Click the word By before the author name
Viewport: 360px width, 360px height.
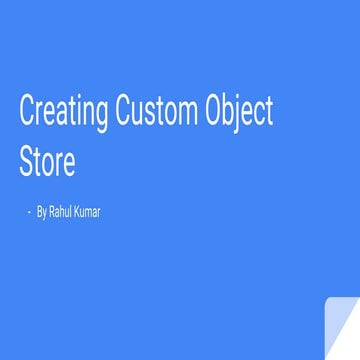[x=41, y=212]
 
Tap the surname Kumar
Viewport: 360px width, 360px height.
[x=87, y=212]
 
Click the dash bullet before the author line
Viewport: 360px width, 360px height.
[x=29, y=212]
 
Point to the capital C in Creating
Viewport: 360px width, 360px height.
[x=27, y=112]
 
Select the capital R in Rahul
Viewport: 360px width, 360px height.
[x=52, y=212]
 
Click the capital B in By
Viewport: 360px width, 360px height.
[x=38, y=212]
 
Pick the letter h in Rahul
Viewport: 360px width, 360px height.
[x=64, y=212]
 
